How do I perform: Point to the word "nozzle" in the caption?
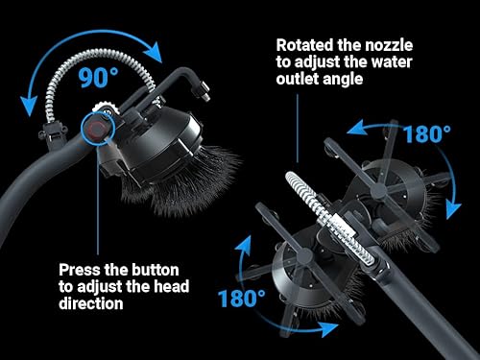(x=389, y=45)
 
